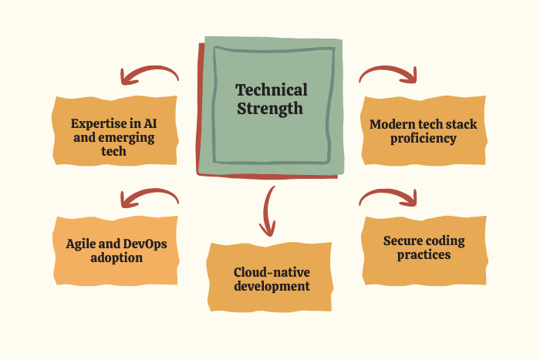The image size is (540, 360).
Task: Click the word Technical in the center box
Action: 272,90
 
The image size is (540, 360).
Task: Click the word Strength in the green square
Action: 270,109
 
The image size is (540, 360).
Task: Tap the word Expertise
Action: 99,124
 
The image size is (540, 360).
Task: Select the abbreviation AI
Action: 150,123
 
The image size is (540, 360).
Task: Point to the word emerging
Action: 126,138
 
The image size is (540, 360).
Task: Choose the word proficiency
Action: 424,139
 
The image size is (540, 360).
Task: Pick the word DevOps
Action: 145,244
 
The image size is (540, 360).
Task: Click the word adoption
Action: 116,258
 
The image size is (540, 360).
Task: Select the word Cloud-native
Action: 272,272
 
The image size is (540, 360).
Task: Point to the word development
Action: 272,287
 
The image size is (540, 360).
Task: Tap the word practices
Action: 424,255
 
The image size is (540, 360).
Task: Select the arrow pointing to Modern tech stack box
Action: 388,71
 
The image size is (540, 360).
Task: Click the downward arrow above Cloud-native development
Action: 266,212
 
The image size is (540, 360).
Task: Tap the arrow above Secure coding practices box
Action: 388,193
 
